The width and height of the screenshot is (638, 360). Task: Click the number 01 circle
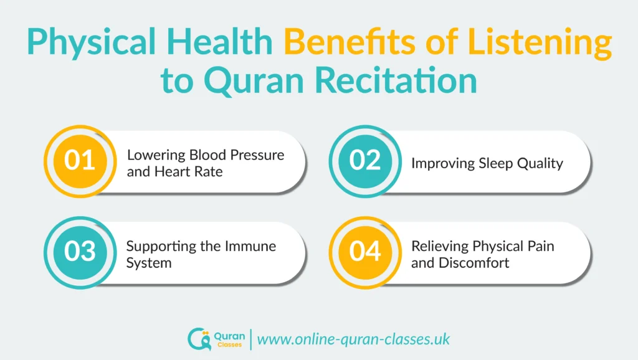point(80,160)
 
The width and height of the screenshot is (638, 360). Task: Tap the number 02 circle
point(365,160)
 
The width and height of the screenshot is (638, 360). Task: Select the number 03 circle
point(80,252)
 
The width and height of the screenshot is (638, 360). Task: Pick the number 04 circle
point(365,252)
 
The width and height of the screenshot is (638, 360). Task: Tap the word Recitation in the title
point(390,82)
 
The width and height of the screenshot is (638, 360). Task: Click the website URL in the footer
point(353,339)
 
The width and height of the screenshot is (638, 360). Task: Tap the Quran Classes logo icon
point(198,339)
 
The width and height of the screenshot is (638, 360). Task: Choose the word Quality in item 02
point(541,163)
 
